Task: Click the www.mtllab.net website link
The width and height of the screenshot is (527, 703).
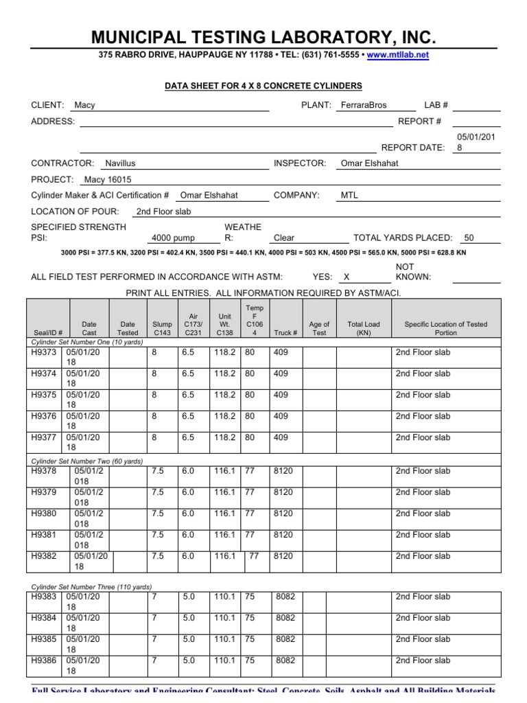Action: coord(398,55)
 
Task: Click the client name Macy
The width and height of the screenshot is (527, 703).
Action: coord(84,105)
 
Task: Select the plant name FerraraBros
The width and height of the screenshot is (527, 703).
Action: coord(364,105)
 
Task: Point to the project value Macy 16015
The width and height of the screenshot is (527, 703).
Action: coord(107,179)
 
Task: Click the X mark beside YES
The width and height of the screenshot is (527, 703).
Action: coord(347,277)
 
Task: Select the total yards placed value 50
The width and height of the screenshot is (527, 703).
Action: coord(469,238)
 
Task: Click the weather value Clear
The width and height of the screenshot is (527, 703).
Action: coord(283,238)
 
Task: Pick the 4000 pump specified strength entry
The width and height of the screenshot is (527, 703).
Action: coord(173,238)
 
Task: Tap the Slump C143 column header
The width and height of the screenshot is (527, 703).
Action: coord(163,328)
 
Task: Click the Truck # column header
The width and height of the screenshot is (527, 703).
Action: coord(285,333)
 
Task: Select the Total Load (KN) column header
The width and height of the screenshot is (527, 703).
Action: coord(363,328)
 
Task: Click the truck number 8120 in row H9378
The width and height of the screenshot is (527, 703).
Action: coord(283,471)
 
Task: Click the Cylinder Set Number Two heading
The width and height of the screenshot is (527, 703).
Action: coord(88,461)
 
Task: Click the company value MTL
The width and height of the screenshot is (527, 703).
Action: coord(349,195)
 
